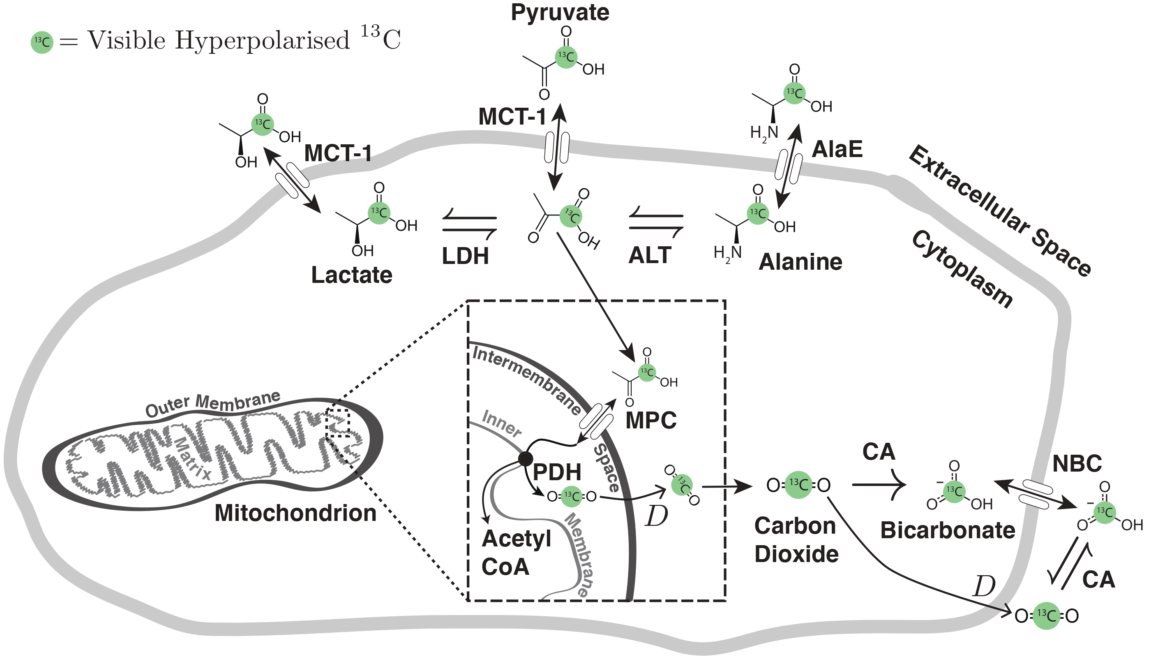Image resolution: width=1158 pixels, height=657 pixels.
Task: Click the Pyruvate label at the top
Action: (x=560, y=13)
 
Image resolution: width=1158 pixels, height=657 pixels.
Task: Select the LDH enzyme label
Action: (x=465, y=256)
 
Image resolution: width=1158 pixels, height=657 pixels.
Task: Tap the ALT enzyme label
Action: (x=649, y=255)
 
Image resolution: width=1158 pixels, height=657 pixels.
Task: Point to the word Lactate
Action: (x=352, y=275)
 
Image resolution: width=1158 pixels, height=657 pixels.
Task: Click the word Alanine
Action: (x=800, y=262)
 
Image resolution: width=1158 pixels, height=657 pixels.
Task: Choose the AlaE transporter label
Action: (x=837, y=149)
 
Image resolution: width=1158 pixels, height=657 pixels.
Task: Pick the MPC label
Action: (x=651, y=420)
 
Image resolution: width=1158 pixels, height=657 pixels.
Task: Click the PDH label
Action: (x=557, y=472)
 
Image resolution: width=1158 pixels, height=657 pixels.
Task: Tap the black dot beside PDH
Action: (x=525, y=458)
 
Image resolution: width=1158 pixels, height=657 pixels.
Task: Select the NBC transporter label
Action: (x=1077, y=463)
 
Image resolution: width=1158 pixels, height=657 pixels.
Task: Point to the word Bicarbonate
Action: (x=948, y=530)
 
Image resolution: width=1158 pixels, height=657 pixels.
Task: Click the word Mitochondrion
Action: (x=295, y=513)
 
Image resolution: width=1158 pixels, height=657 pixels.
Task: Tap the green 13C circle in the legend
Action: (x=42, y=42)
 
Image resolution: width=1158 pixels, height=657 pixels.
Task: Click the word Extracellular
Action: (x=969, y=190)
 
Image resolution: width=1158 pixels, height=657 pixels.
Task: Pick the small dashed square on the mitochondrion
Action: (x=338, y=423)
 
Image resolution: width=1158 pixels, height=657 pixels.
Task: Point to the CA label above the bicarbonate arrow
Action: (x=879, y=452)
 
